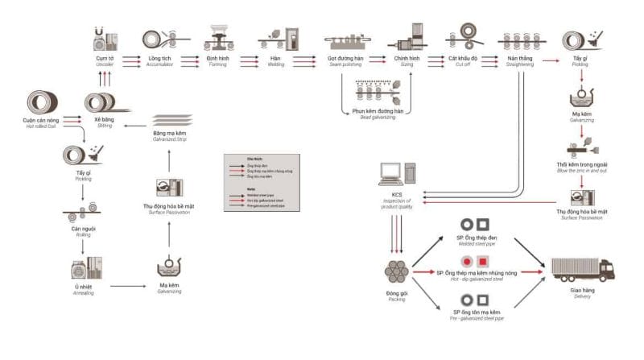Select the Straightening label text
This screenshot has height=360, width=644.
pos(517,65)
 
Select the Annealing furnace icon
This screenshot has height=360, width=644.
pos(86,267)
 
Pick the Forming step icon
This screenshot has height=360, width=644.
pos(218,38)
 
